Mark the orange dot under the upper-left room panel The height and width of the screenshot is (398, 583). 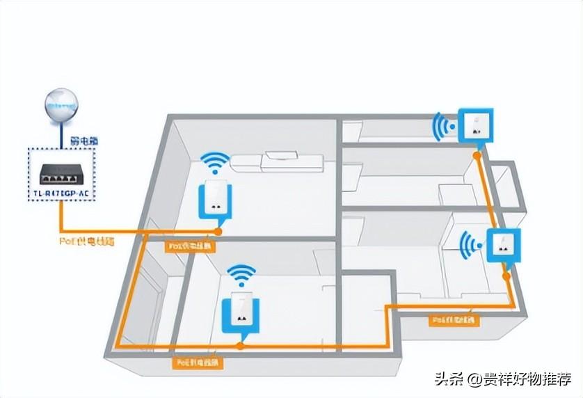218,230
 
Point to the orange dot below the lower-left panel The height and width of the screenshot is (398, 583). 241,344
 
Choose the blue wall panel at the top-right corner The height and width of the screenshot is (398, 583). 475,126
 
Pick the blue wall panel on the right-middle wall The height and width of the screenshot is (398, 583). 504,246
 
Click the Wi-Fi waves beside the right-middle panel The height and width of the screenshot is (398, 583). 472,244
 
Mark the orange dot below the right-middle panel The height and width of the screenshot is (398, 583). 506,275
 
